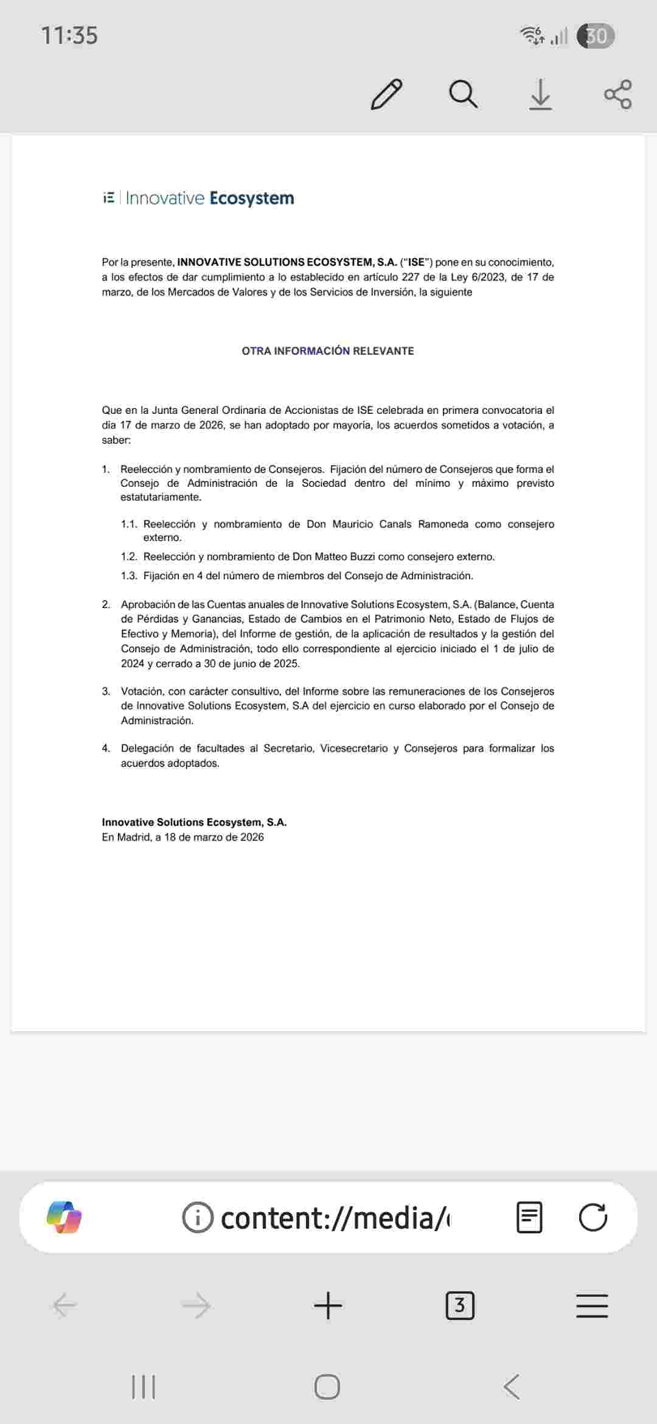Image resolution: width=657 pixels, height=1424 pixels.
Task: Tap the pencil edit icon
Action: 386,94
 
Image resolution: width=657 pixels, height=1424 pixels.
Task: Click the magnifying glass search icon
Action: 463,94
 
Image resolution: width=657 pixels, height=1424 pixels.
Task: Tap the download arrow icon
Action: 540,95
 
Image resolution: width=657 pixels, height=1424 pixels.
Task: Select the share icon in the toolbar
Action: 617,94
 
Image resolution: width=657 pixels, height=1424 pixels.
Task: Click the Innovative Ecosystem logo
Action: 198,198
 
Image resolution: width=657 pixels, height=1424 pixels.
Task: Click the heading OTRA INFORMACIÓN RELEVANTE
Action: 328,351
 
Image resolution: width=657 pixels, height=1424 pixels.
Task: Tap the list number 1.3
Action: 129,576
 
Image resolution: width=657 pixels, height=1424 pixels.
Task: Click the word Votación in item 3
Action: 142,691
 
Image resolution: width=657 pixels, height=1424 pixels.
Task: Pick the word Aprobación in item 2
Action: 148,604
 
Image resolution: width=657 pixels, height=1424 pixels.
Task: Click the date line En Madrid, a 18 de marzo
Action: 182,837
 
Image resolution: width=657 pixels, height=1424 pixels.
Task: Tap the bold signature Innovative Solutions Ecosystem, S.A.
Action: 194,822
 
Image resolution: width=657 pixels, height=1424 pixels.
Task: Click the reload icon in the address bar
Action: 593,1217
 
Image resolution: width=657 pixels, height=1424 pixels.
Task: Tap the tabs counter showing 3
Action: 460,1305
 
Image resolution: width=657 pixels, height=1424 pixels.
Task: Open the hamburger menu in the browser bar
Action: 592,1305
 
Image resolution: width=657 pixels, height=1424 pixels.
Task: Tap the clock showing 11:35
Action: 69,35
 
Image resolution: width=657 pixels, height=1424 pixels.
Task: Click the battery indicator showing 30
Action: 596,36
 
